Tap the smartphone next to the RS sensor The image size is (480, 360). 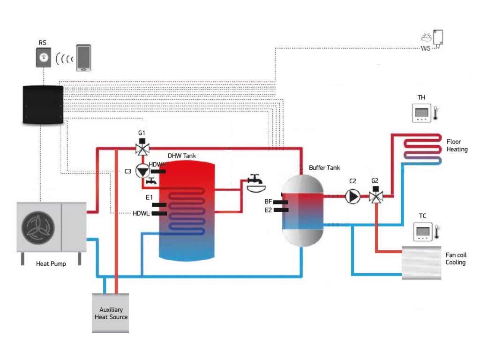84,58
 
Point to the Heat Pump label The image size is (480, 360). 51,264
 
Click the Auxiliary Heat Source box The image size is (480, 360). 111,313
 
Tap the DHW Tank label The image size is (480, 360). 182,156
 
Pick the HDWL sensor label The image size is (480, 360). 140,214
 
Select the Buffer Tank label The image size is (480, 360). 324,168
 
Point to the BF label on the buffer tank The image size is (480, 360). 268,202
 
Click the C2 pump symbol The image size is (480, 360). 352,196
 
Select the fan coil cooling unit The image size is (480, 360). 421,263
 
